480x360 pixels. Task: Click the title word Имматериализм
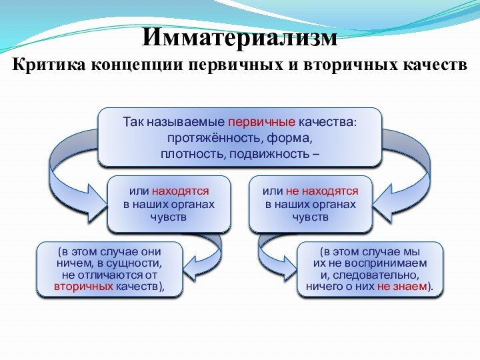click(240, 37)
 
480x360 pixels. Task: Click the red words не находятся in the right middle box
click(322, 191)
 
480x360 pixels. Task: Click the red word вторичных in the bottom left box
click(84, 287)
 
